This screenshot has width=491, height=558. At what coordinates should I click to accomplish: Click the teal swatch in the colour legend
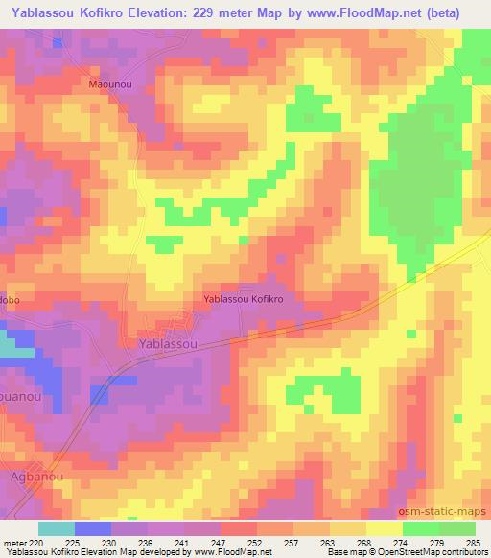(57, 528)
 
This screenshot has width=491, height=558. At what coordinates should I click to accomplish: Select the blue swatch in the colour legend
(93, 528)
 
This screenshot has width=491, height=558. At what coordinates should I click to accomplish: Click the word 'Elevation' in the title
(162, 13)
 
